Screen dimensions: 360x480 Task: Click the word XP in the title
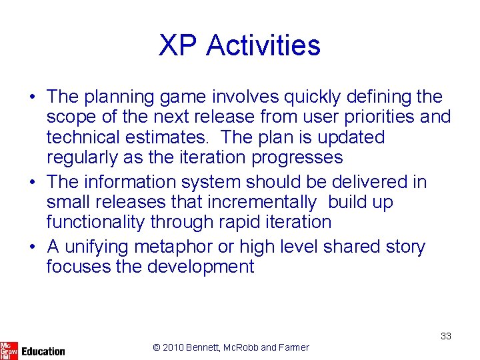(178, 46)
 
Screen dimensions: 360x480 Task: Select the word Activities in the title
(263, 46)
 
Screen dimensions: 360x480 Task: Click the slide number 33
(445, 336)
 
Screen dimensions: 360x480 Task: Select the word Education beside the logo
(43, 351)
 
